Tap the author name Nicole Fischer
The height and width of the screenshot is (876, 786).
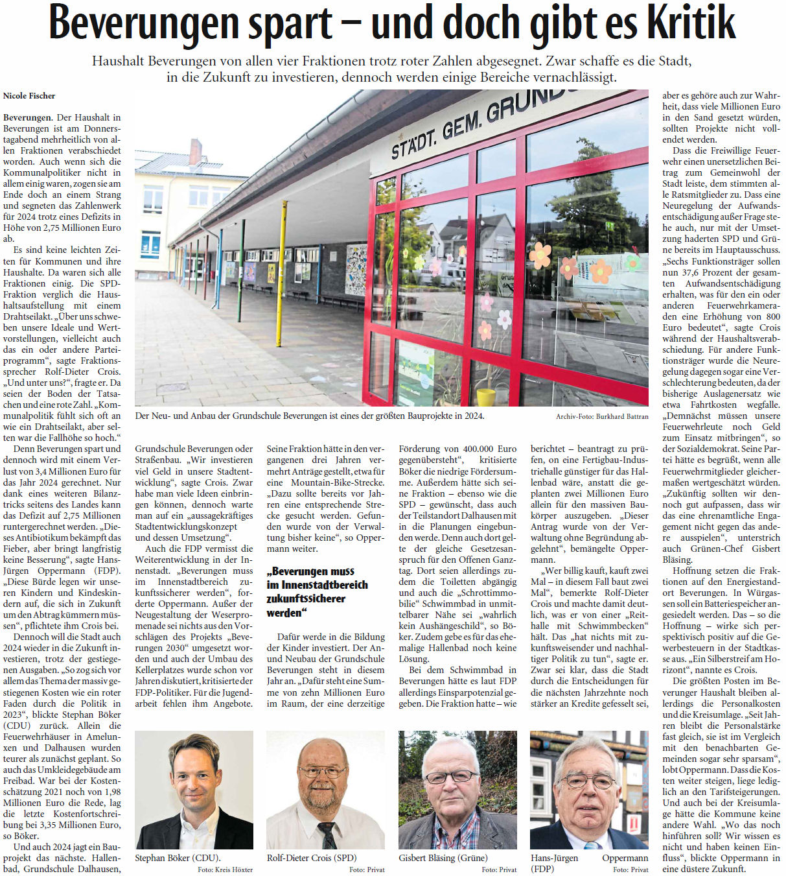[29, 96]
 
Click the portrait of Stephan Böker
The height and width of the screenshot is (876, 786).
[194, 789]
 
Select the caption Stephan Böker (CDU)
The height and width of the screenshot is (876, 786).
[178, 858]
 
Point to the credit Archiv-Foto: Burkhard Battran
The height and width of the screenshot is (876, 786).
[602, 416]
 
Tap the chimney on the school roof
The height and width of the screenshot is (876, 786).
[195, 152]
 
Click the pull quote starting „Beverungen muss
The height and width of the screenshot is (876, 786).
[317, 591]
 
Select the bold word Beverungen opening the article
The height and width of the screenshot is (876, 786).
[27, 117]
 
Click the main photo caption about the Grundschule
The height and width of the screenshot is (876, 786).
[310, 416]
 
